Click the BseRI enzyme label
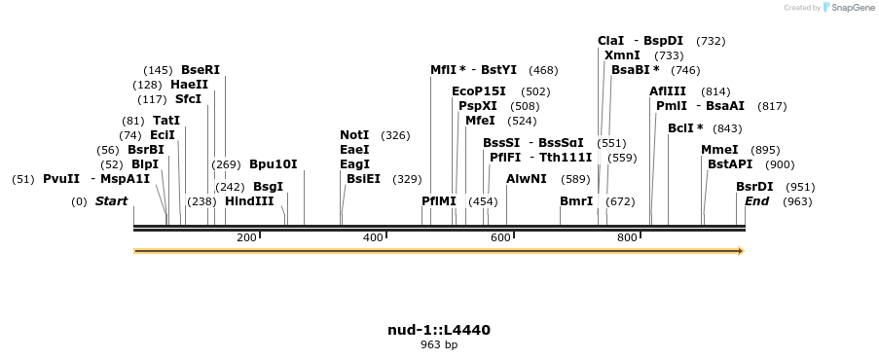click(x=201, y=70)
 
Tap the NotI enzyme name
click(x=354, y=135)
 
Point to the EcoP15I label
click(x=479, y=91)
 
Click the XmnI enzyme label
click(x=622, y=55)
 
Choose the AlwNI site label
click(x=527, y=179)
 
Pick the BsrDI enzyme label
click(x=754, y=187)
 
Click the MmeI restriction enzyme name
click(x=719, y=150)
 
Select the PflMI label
click(x=439, y=201)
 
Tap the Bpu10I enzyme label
click(x=274, y=164)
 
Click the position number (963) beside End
click(x=797, y=201)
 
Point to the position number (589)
click(x=576, y=179)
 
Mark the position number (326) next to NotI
click(x=395, y=135)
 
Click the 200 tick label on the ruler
click(x=246, y=238)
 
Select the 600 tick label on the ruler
click(x=499, y=238)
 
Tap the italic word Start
click(x=111, y=201)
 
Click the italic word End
click(x=757, y=201)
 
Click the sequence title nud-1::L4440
click(x=439, y=330)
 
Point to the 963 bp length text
click(x=439, y=344)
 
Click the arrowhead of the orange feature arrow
click(x=741, y=251)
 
